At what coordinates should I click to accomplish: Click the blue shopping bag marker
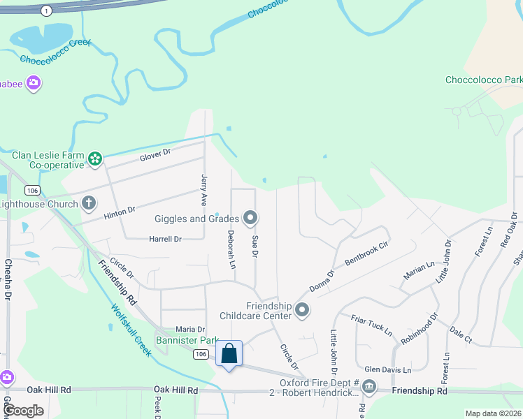point(229,354)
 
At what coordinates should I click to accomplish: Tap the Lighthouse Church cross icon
point(89,203)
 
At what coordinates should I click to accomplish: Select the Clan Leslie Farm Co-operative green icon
point(95,160)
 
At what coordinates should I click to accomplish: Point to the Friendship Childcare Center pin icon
point(302,310)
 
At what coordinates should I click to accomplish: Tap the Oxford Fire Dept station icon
point(369,386)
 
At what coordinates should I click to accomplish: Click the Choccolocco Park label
point(484,80)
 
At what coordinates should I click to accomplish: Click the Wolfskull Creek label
point(130,328)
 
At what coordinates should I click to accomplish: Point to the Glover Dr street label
point(155,153)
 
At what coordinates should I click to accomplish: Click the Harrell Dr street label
point(165,239)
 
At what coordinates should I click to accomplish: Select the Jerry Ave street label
point(204,189)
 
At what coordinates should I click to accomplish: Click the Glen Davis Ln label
point(387,369)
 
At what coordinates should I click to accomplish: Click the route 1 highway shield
point(46,10)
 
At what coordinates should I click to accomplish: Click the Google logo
point(24,411)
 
